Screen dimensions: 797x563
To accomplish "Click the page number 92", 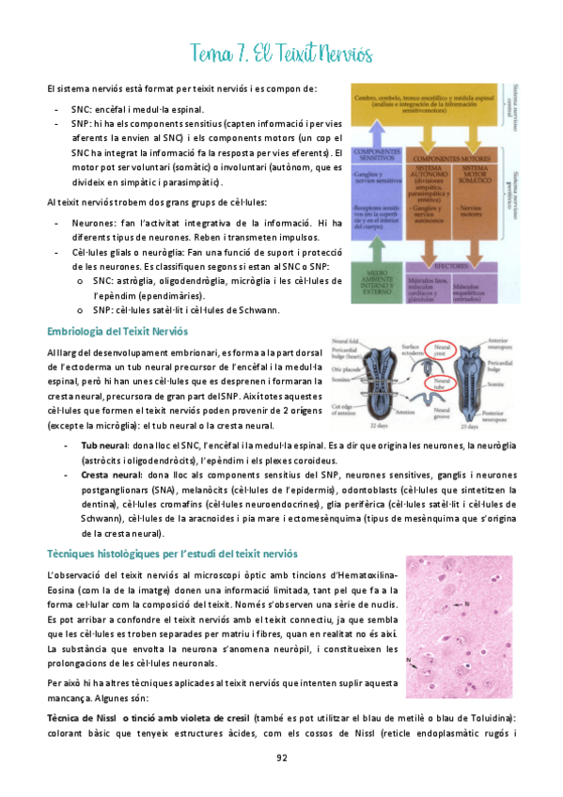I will pos(281,758).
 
